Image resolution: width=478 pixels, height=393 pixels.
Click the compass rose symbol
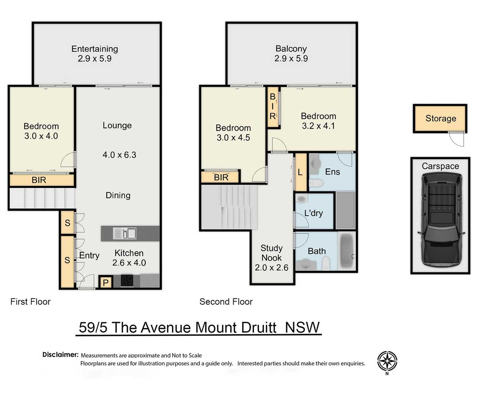click(x=387, y=362)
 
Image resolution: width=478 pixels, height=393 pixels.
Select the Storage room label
click(x=440, y=119)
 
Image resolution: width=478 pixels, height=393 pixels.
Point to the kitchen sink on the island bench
click(x=125, y=233)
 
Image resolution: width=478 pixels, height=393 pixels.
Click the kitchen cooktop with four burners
click(x=127, y=281)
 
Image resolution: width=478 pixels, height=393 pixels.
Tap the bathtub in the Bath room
click(x=347, y=251)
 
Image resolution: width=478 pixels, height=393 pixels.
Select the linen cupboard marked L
click(x=300, y=172)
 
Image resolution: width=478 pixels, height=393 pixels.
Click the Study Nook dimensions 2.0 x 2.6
click(x=271, y=268)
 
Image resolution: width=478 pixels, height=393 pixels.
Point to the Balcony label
click(x=291, y=49)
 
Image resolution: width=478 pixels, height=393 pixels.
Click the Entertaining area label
click(x=95, y=49)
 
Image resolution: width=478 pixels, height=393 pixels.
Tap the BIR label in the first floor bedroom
click(x=39, y=180)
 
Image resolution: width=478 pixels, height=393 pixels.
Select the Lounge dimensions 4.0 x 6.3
click(x=119, y=155)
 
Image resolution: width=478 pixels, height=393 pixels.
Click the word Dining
click(x=118, y=195)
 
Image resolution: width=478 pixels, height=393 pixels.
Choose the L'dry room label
click(x=314, y=213)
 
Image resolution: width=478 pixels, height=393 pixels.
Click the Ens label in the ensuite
click(x=332, y=172)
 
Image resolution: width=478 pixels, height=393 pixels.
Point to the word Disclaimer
click(x=60, y=355)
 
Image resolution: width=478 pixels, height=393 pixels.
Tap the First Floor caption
click(x=30, y=302)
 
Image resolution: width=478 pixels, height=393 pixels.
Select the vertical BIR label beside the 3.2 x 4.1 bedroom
click(x=273, y=106)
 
